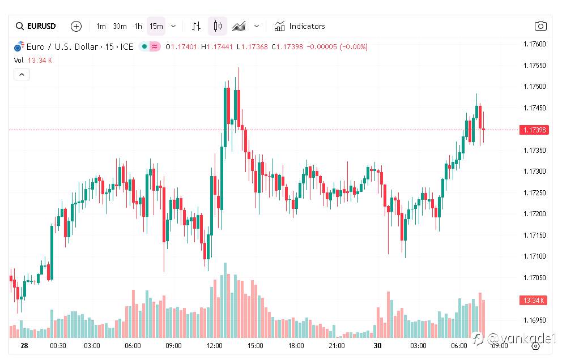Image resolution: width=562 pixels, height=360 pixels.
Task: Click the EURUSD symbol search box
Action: tap(36, 26)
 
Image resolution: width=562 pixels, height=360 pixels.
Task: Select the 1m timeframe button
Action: tap(101, 26)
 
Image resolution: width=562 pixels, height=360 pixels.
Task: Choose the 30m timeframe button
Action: tap(120, 26)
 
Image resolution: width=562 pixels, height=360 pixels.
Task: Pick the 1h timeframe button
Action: tap(138, 26)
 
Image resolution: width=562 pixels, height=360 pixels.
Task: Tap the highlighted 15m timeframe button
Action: tap(156, 26)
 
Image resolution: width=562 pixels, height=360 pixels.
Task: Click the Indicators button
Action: tap(300, 26)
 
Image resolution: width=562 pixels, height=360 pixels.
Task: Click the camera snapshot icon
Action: tap(540, 26)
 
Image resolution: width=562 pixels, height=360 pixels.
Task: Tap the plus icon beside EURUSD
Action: tap(76, 26)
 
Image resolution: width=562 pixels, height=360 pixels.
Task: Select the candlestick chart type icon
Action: tap(218, 26)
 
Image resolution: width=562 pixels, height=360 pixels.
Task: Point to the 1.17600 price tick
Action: tap(534, 44)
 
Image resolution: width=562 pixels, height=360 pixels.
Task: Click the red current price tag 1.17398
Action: tap(534, 130)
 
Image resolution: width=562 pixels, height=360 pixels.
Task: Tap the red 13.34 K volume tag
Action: tap(533, 300)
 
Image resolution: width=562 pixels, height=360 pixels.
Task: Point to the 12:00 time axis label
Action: tap(215, 345)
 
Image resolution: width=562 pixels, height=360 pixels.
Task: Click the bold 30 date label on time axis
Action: tap(377, 345)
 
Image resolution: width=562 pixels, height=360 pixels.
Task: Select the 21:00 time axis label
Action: tap(337, 345)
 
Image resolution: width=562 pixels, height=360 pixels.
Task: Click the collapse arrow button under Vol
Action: tap(22, 74)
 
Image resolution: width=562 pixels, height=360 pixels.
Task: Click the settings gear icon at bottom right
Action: tap(535, 346)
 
